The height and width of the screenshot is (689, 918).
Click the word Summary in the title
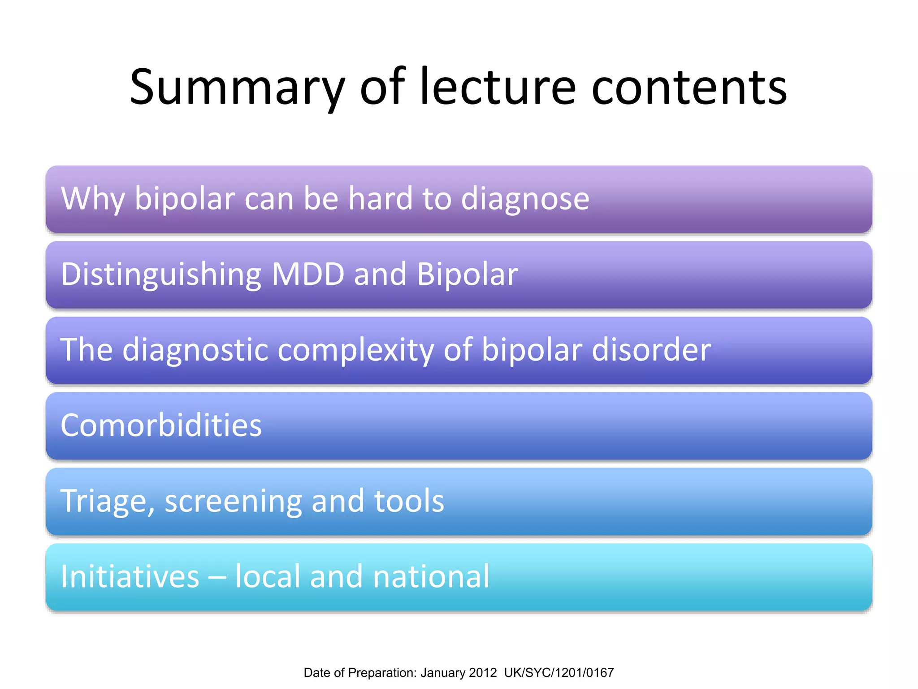(x=237, y=87)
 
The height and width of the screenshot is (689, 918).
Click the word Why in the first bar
(x=92, y=199)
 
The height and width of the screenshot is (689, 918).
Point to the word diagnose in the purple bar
(x=525, y=199)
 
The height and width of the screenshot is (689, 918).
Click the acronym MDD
(x=308, y=274)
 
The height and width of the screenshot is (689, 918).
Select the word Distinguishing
(x=161, y=274)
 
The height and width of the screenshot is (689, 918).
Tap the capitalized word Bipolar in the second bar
(x=467, y=274)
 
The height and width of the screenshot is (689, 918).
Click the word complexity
(x=355, y=350)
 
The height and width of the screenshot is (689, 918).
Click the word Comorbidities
(x=161, y=425)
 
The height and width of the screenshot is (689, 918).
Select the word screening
(x=233, y=501)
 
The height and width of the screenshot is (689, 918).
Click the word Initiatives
(x=130, y=576)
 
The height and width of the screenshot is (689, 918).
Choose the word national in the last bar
(x=431, y=576)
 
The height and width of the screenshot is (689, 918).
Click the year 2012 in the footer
(x=483, y=673)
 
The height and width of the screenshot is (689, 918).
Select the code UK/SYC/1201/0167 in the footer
(x=559, y=673)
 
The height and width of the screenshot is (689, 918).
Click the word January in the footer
(x=442, y=673)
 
